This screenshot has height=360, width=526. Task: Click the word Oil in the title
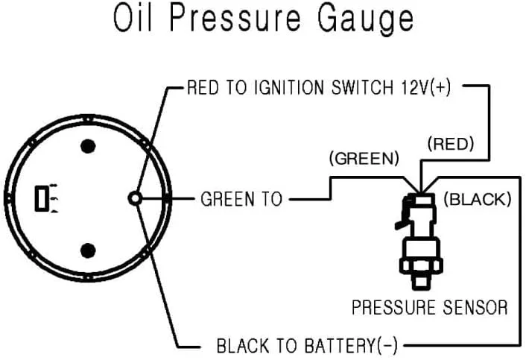(133, 20)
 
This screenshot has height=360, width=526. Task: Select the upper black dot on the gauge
(89, 145)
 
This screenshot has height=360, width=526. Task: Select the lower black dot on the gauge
(89, 249)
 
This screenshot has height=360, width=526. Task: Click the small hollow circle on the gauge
(135, 198)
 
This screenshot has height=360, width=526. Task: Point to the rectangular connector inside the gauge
(42, 198)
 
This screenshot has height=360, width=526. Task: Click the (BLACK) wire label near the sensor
(477, 200)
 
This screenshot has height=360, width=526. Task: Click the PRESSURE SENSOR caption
(429, 307)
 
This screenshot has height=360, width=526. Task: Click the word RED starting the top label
(201, 89)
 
